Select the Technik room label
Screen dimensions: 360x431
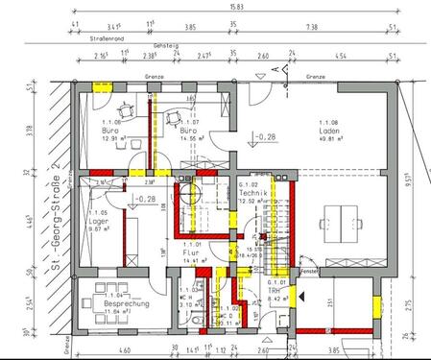252,193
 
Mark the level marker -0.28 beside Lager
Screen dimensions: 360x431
147,199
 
